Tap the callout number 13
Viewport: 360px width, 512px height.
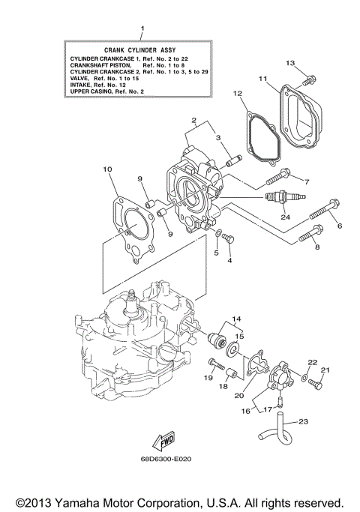point(291,61)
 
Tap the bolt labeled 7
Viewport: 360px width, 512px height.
point(277,178)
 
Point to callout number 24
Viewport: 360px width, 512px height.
point(285,217)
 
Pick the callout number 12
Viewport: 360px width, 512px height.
point(238,94)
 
